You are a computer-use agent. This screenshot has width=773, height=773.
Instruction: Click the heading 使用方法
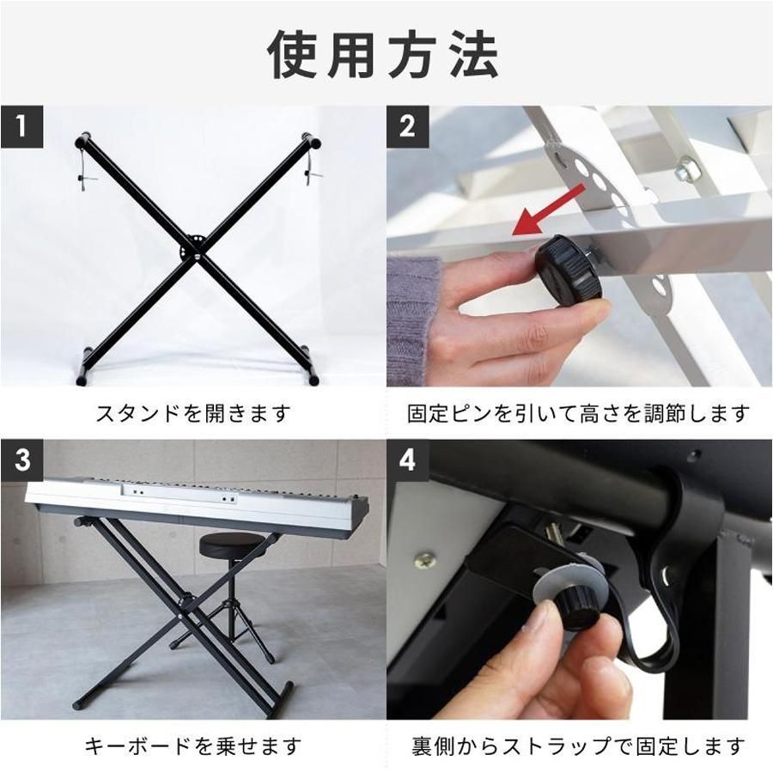383,54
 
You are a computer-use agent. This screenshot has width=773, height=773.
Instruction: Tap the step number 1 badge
21,127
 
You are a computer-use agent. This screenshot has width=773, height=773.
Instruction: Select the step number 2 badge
407,127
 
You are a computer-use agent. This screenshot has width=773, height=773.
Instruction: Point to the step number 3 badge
21,460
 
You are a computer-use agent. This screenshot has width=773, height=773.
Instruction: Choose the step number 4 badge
407,460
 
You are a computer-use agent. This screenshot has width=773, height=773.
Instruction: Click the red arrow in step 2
548,210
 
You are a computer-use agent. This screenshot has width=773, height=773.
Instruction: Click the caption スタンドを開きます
192,413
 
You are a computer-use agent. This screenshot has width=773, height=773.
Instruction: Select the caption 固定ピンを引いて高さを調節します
579,413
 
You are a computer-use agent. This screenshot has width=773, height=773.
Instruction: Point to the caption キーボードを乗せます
192,746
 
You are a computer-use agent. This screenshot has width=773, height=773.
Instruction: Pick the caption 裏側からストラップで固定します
579,746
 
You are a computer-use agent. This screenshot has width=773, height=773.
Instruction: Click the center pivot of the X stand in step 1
197,257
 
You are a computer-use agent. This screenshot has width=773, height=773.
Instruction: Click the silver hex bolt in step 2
687,167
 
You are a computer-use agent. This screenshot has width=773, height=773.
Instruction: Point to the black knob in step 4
575,608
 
